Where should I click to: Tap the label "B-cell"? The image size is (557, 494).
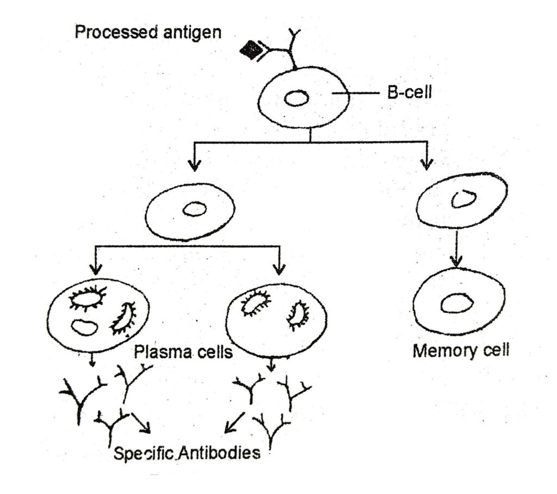pos(409,93)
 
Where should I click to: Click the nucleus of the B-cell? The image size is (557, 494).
pos(297,98)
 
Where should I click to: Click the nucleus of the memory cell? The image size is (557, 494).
pos(456,303)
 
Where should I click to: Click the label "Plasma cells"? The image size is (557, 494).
pos(184,352)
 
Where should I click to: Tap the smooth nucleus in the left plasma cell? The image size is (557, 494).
pos(84,327)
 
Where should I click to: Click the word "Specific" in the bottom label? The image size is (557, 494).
pos(143,453)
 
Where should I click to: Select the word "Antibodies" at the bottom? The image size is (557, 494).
pos(218,453)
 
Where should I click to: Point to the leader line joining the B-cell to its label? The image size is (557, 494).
pos(356,94)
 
